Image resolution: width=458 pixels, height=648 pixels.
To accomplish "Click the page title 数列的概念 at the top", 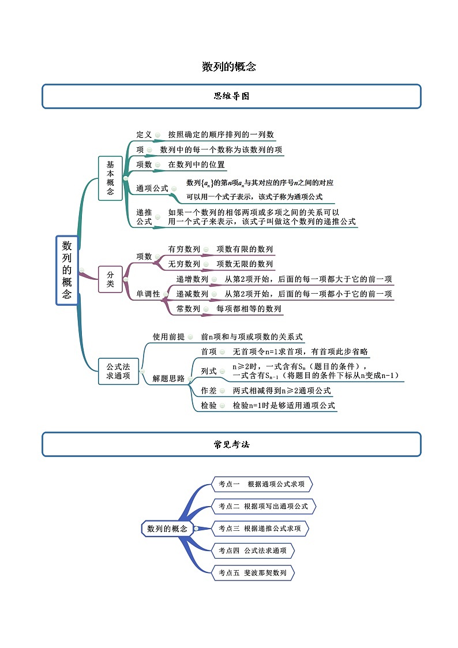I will pos(229,67).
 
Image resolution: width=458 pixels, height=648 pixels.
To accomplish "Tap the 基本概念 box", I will pos(110,178).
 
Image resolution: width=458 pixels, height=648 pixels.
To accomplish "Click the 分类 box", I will pos(110,279).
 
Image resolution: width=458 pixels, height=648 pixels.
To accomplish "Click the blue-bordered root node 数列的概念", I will pos(67,270).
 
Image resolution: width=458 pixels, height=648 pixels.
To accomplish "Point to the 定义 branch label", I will pos(144,134).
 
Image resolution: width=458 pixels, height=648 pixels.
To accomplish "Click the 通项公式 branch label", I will pos(152,188).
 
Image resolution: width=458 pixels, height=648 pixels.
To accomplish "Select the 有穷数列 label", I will pos(184,249).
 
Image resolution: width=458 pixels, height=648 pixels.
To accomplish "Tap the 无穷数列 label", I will pos(184,264).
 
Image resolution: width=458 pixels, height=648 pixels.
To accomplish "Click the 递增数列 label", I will pos(192,279).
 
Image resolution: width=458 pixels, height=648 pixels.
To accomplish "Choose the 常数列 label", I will pos(188,309).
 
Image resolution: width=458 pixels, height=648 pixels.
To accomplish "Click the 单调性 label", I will pos(148,294).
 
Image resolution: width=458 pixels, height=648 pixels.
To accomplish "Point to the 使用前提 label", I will pos(168,336).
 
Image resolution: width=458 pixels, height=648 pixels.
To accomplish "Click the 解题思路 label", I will pos(168,379).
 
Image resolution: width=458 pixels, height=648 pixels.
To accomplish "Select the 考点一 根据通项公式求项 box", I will pos(262,484).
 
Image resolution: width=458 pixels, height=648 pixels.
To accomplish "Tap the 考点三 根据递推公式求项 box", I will pos(260,528).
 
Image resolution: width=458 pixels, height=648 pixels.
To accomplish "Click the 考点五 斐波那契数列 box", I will pos(253,573).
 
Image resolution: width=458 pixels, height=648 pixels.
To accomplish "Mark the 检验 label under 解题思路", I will pos(209,406).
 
